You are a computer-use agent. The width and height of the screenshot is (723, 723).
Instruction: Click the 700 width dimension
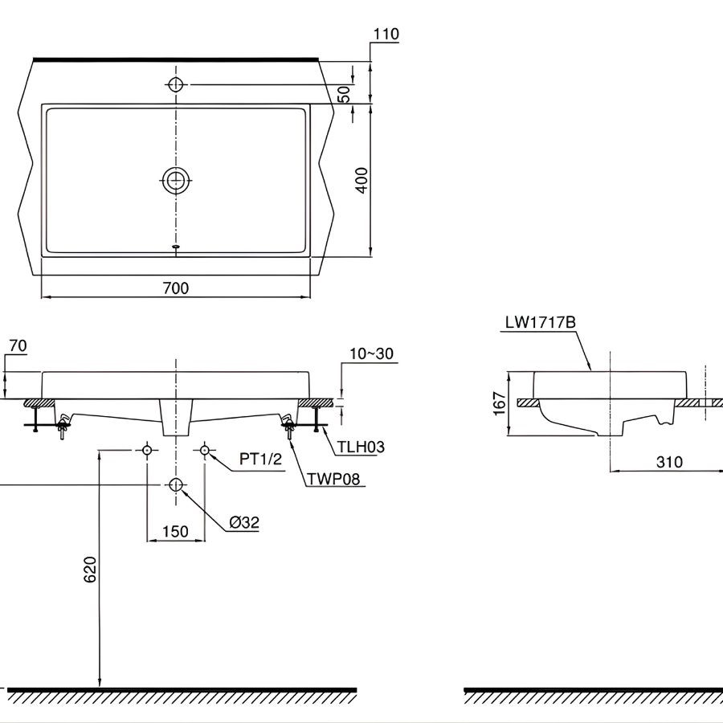(x=175, y=287)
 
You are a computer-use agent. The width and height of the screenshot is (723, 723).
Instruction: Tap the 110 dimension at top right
(x=386, y=34)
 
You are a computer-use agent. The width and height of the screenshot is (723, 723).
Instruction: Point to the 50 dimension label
(x=345, y=93)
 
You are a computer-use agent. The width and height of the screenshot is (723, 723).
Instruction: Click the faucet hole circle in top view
(x=176, y=84)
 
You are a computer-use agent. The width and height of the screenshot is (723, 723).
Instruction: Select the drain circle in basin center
(x=176, y=181)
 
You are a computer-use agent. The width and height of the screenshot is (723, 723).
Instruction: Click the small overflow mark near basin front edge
(x=176, y=247)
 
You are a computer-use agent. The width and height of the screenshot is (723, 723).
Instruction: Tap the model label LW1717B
(x=540, y=323)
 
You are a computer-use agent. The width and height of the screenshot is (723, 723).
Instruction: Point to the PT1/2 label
(x=261, y=459)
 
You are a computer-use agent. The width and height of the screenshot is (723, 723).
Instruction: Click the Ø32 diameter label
(x=244, y=522)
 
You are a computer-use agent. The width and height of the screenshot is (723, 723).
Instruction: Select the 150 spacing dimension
(x=175, y=531)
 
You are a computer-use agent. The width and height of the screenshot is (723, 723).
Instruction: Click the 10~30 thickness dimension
(x=372, y=353)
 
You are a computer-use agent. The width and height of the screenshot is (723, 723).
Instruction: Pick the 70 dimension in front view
(x=18, y=346)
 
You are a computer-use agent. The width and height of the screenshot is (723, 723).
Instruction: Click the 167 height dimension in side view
(x=499, y=403)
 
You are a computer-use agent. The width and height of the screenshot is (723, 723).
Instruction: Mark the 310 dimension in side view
(x=668, y=461)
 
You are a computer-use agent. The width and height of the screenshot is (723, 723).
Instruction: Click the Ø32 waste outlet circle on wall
(x=176, y=484)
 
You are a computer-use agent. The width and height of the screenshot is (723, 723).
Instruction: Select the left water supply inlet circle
(x=147, y=451)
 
